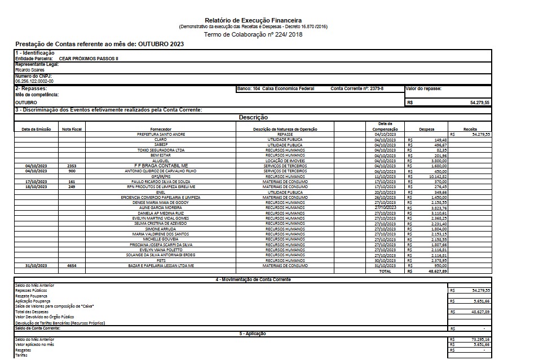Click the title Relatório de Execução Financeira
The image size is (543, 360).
click(x=254, y=21)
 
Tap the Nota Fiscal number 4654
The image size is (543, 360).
click(x=72, y=265)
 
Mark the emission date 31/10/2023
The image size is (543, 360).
click(x=36, y=265)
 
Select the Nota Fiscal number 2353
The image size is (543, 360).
click(x=72, y=166)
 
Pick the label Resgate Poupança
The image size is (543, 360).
click(x=32, y=296)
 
